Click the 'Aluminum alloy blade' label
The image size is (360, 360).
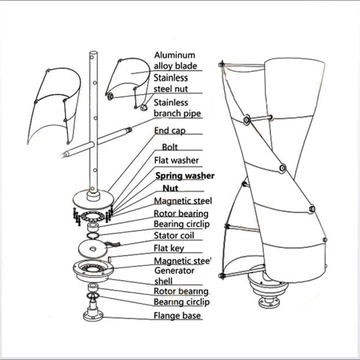[x=175, y=60]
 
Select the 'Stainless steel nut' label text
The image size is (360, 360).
[x=171, y=83]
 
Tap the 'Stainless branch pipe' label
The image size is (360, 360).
[x=177, y=108]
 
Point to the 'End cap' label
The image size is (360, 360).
[x=169, y=130]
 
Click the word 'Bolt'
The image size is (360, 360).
[x=170, y=147]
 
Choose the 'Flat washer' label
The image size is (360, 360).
[x=176, y=160]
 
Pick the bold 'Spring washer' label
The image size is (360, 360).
[x=184, y=176]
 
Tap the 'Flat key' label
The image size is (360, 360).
[x=169, y=248]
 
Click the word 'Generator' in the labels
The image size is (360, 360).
[x=174, y=270]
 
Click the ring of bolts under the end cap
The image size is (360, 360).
[x=92, y=214]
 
